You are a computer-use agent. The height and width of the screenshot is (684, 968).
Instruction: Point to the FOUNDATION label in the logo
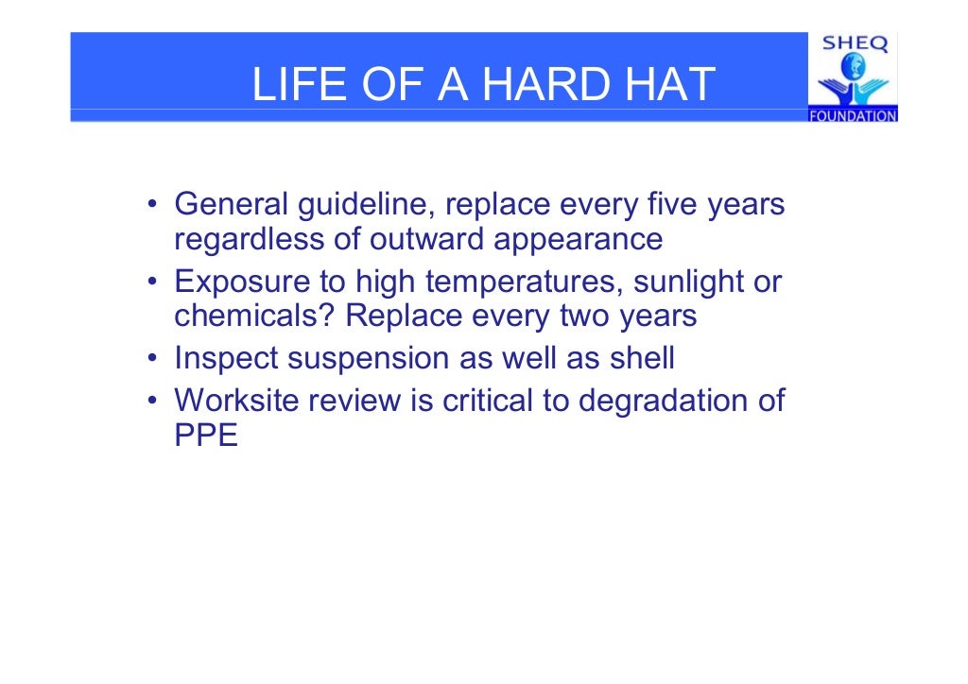tap(853, 116)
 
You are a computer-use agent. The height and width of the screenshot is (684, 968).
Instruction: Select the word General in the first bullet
tap(232, 204)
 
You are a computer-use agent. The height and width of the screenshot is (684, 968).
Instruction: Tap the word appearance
tap(578, 240)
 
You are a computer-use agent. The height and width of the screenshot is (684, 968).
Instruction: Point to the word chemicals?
tap(255, 316)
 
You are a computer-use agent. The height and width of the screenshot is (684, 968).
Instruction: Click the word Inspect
tap(228, 359)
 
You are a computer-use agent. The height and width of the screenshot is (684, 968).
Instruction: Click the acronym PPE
tap(206, 436)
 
